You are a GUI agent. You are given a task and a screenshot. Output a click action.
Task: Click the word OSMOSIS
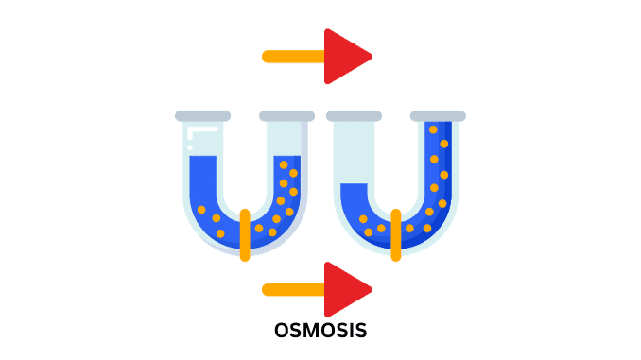[320, 331]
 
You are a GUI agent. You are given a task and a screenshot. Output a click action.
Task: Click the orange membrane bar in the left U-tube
[245, 234]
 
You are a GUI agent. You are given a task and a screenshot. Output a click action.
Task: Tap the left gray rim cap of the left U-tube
[202, 116]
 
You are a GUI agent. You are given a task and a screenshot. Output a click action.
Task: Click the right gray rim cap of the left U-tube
[286, 116]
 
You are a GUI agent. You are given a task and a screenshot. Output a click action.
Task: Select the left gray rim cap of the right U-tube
[353, 116]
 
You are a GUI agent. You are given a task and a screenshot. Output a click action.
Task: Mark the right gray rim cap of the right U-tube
[437, 116]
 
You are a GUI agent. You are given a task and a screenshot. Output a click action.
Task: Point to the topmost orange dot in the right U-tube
[434, 130]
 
